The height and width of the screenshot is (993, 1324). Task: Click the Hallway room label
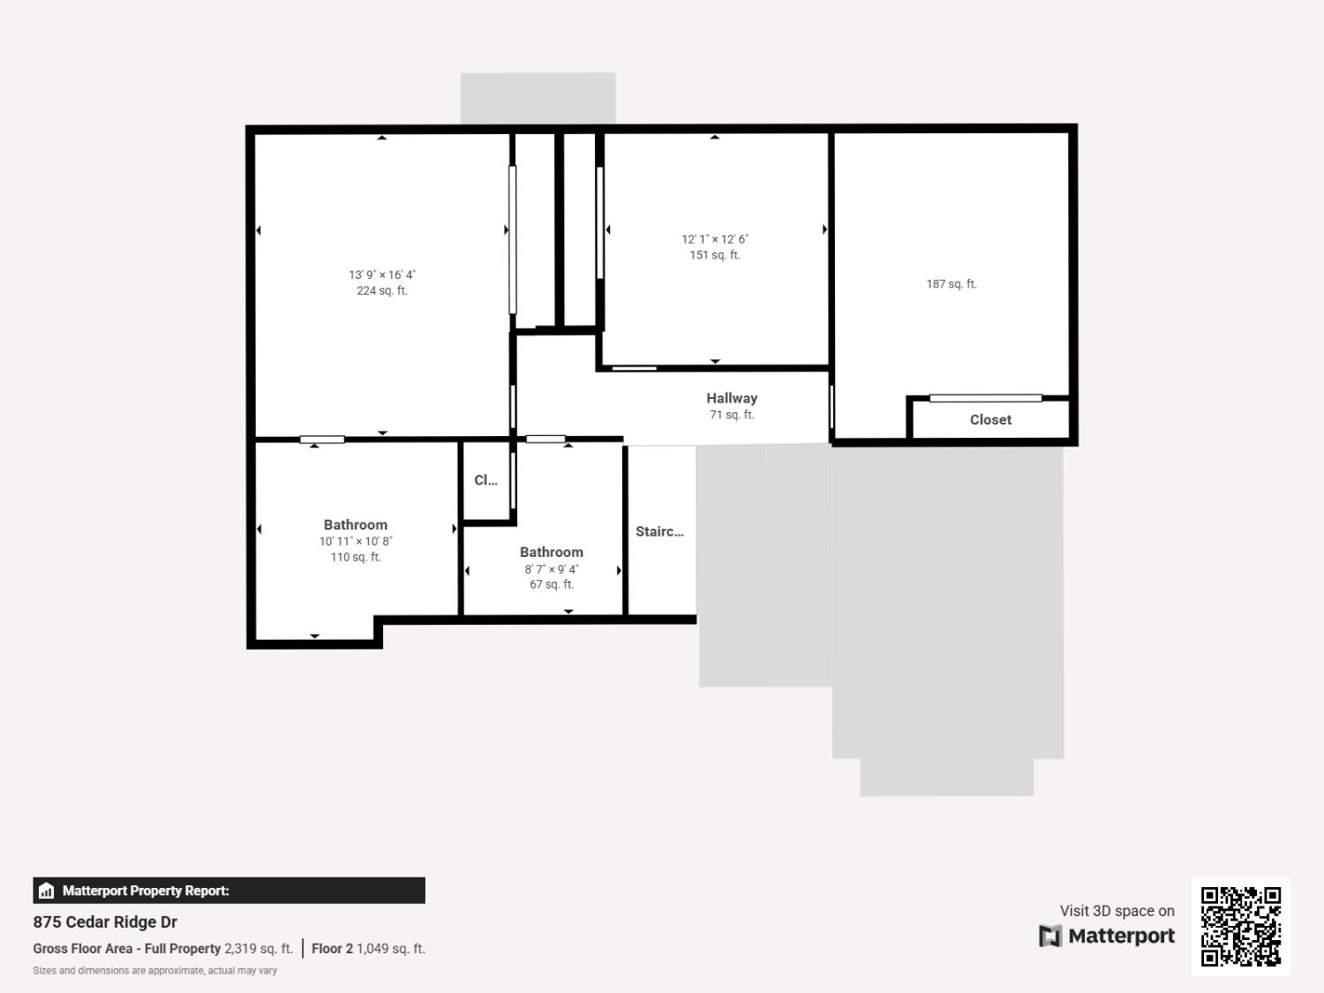point(732,398)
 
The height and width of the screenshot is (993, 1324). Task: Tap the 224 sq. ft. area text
point(382,290)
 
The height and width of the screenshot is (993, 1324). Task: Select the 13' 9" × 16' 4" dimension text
point(382,275)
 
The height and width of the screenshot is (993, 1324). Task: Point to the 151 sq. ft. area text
point(715,255)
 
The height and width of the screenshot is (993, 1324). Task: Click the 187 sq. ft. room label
point(952,284)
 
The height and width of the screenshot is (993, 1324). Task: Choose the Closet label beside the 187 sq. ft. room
point(990,420)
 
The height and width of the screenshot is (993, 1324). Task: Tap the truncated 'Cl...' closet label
point(485,480)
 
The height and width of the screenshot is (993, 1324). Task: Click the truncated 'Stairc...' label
point(659,531)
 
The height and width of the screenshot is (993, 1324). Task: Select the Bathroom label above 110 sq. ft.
point(356,524)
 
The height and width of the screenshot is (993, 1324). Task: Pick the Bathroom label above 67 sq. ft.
point(552,552)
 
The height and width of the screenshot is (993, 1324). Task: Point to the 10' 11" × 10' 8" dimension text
point(356,541)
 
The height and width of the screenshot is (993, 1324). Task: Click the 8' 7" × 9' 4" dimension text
point(552,569)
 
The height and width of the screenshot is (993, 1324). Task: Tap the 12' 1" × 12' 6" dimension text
point(715,239)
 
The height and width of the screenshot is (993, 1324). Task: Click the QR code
point(1241,927)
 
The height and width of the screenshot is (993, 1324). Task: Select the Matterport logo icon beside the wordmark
point(1050,936)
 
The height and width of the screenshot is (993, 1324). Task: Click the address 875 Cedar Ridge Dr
point(105,922)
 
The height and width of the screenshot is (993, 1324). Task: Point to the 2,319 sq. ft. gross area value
point(259,949)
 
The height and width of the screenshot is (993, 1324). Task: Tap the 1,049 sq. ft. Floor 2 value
point(391,949)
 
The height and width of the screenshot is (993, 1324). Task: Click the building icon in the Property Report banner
point(47,891)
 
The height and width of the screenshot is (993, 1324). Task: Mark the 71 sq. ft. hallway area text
point(732,415)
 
